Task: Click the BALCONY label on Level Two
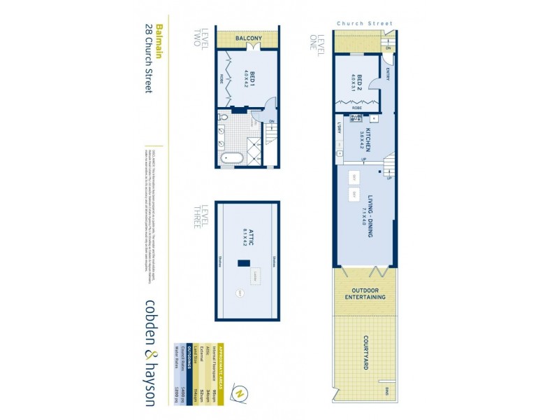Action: (x=248, y=38)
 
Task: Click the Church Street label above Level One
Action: (x=365, y=24)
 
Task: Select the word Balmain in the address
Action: (x=159, y=41)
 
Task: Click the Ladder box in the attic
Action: (x=256, y=276)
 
